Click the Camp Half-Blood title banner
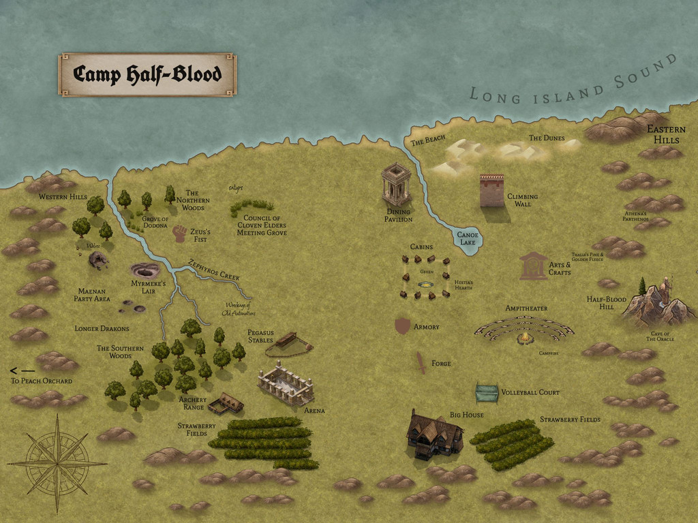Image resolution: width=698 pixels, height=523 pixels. (147, 74)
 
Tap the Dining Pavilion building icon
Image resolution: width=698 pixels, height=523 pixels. (396, 184)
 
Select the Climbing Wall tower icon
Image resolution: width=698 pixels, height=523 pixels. (491, 190)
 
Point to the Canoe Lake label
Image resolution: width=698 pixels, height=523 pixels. (468, 238)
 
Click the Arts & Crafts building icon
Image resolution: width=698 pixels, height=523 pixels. (533, 266)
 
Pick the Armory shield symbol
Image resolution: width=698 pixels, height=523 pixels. (403, 326)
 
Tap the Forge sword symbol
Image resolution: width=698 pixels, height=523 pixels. (421, 362)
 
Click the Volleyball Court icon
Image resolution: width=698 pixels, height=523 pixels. (487, 393)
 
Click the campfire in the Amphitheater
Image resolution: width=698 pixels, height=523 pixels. (523, 338)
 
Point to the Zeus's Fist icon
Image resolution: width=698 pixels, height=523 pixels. (179, 234)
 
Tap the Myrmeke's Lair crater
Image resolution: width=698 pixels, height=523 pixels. (145, 270)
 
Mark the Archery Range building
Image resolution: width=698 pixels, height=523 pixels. (226, 404)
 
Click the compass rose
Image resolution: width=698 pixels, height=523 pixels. (57, 464)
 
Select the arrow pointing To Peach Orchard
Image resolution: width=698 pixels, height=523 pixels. (22, 370)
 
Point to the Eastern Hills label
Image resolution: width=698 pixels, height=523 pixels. (666, 134)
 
